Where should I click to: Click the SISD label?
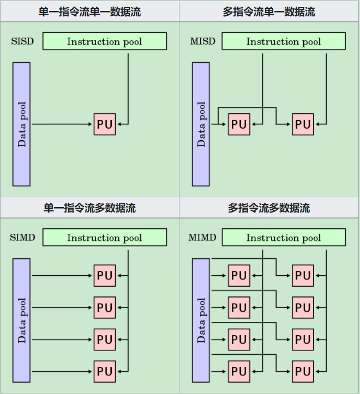click(x=22, y=41)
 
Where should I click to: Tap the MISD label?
click(x=202, y=41)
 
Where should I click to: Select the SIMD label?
click(x=22, y=238)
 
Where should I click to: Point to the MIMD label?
click(x=202, y=238)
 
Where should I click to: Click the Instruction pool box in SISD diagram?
click(x=105, y=41)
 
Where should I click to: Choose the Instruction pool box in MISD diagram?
click(x=284, y=41)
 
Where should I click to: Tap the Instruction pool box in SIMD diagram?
click(x=105, y=238)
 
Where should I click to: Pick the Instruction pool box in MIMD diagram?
click(x=284, y=238)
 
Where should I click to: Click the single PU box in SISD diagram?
click(x=105, y=124)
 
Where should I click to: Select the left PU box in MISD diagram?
click(x=239, y=124)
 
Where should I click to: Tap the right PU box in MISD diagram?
click(x=303, y=124)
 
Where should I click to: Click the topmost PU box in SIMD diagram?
click(x=105, y=275)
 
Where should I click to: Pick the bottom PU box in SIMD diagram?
click(x=105, y=372)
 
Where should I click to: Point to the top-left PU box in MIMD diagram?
click(x=239, y=275)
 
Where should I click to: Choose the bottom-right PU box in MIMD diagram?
click(x=303, y=372)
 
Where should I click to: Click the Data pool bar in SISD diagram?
click(x=22, y=124)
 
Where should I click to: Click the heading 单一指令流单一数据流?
click(x=90, y=11)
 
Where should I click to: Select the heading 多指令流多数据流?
click(x=269, y=208)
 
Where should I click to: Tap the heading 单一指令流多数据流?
click(x=90, y=208)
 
